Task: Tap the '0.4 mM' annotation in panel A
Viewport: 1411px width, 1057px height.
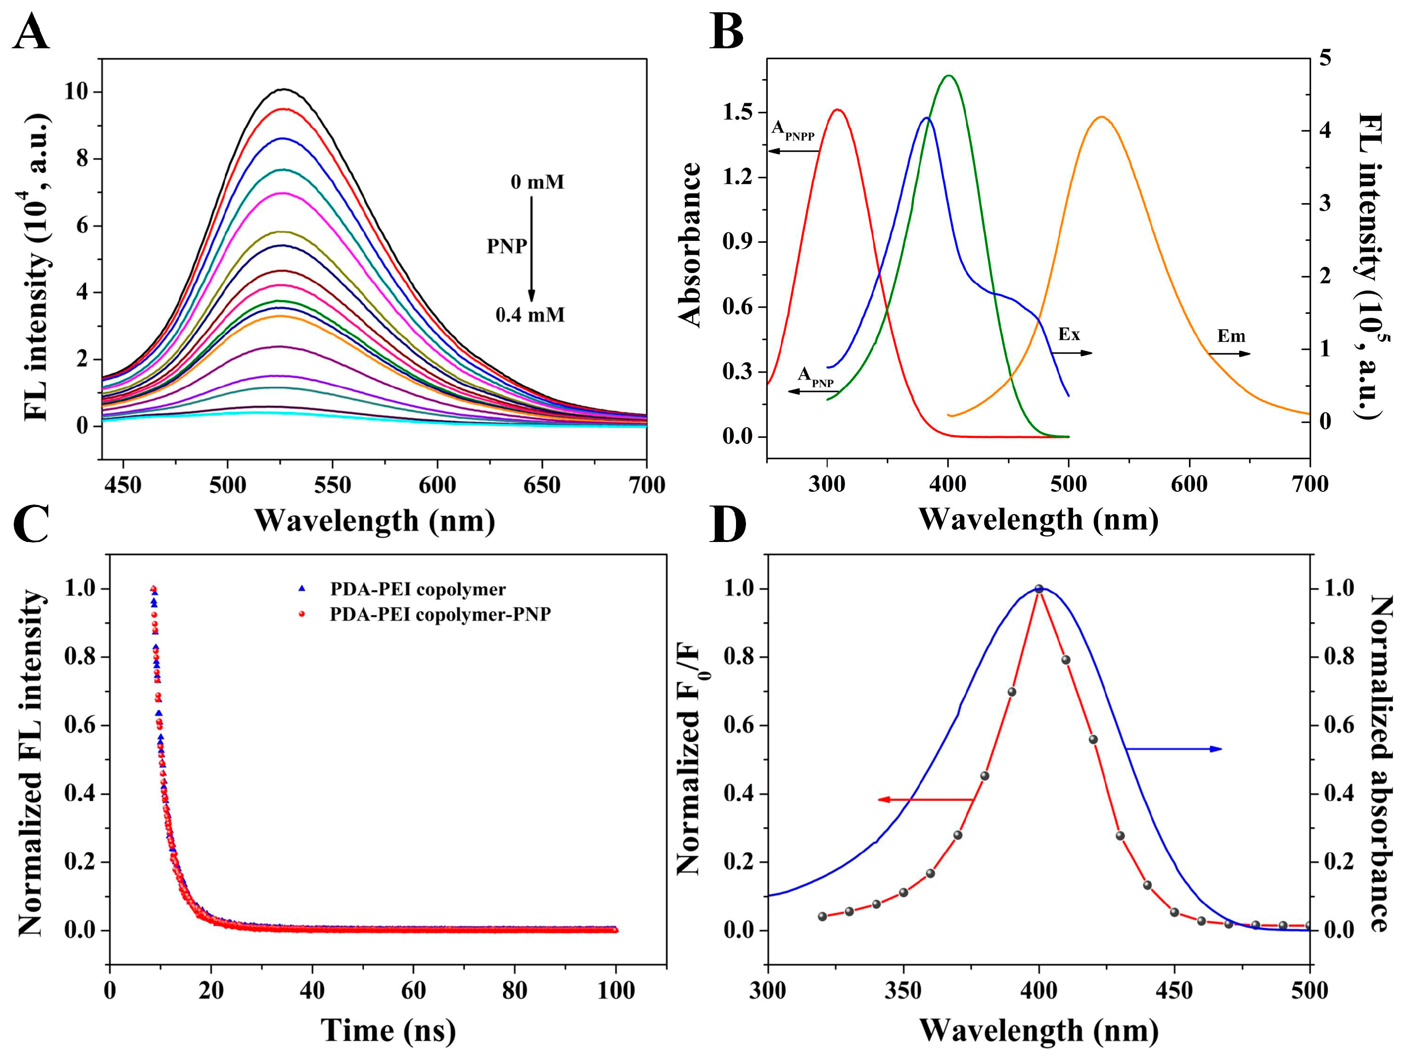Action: (530, 315)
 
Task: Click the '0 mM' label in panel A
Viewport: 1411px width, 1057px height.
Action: (537, 182)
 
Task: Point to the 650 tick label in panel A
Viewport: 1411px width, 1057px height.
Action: (541, 486)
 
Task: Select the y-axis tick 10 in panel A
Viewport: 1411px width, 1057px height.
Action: (77, 92)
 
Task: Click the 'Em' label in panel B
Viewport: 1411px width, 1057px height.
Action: (1231, 336)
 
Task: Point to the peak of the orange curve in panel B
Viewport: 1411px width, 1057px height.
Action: (1101, 117)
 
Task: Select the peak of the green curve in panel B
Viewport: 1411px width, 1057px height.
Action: (949, 75)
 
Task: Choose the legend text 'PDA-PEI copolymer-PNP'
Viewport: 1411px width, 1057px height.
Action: (440, 614)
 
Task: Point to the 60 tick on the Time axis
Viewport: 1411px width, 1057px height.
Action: (413, 991)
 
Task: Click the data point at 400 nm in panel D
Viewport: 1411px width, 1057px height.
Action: (1038, 589)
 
